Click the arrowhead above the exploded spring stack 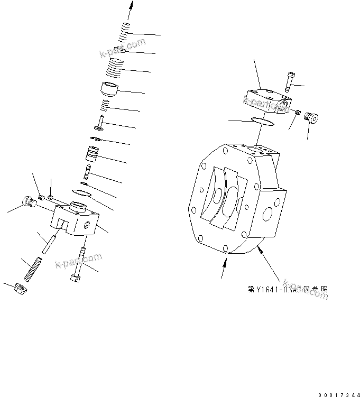(130, 5)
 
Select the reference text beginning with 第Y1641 (288, 290)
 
